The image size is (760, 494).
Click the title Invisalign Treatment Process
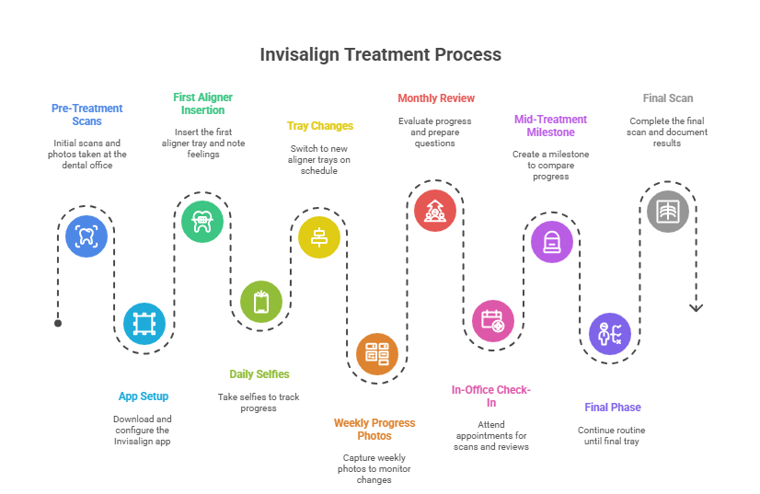point(380,54)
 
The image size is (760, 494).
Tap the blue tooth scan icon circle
point(86,235)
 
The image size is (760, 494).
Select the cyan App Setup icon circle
point(144,323)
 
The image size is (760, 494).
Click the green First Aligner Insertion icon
point(202,221)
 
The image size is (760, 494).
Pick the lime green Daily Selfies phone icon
point(261,301)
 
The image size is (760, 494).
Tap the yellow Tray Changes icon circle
point(319,236)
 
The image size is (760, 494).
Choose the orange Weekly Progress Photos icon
point(377,352)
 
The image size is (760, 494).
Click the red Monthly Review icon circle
point(435,210)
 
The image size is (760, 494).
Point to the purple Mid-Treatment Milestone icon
point(552,242)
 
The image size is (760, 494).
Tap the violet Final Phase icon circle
point(610,333)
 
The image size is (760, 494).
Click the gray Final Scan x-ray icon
point(668,210)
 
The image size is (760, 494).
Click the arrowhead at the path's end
point(696,308)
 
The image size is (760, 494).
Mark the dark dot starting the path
point(58,323)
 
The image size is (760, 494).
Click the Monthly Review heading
point(435,98)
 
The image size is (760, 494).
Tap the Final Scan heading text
point(668,98)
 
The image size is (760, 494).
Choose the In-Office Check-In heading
point(491,396)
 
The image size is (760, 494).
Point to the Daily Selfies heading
point(259,374)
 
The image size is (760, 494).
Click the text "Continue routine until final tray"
point(612,435)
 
